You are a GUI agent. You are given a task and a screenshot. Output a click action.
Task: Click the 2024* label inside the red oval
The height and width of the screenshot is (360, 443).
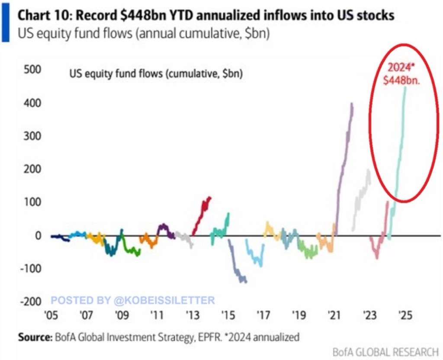point(401,68)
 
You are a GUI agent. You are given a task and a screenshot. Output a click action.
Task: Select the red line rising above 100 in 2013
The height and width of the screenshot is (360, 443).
point(202,215)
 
